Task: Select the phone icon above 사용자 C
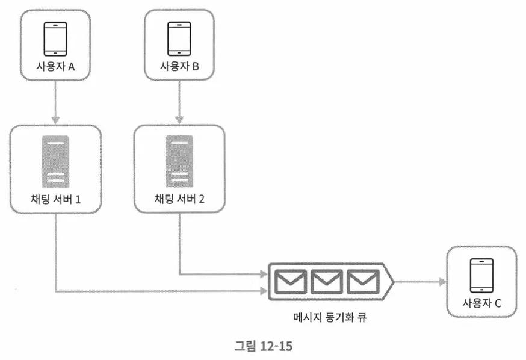(481, 275)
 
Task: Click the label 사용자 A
(55, 67)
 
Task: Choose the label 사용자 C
(481, 303)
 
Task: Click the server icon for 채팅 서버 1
(55, 161)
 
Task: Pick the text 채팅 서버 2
(179, 199)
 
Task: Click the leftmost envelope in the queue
(289, 281)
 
